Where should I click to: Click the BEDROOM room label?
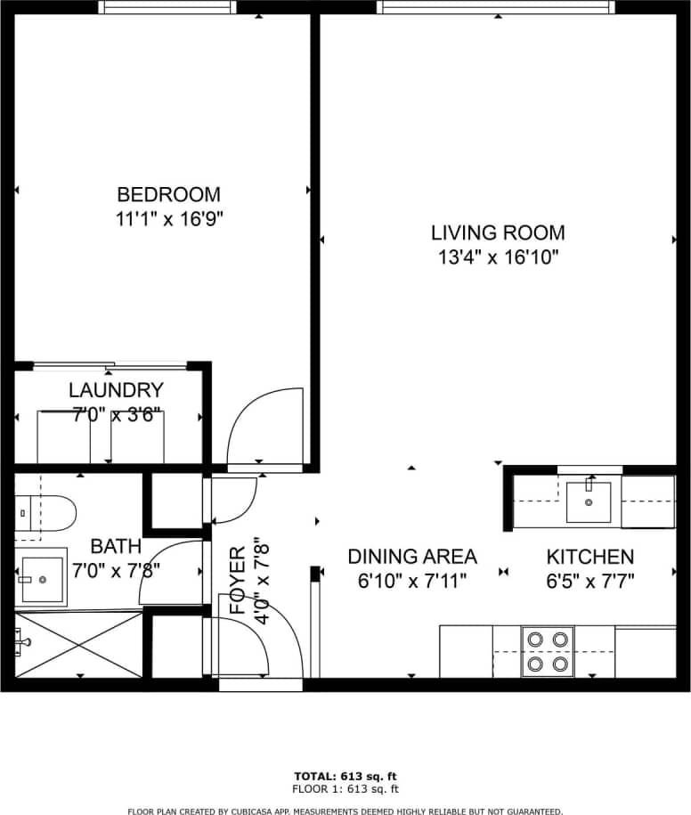pos(169,194)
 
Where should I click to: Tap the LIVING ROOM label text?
pos(498,233)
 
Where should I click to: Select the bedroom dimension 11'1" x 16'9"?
pos(169,219)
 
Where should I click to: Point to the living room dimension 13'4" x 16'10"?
pos(498,258)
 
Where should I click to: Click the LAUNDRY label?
pos(116,390)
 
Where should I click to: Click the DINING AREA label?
pos(411,557)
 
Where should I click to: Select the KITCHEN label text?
pos(589,557)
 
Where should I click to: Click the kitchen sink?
pos(589,501)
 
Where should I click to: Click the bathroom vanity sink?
pos(40,579)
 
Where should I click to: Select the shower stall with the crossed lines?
pos(78,645)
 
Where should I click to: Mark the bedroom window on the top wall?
pos(167,7)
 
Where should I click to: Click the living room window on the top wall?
pos(495,7)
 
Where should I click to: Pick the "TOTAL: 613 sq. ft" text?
pos(346,776)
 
